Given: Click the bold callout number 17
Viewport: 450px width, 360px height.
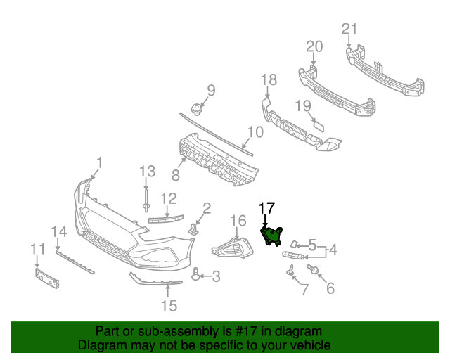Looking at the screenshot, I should [x=266, y=208].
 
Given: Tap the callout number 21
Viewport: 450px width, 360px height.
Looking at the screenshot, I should [x=349, y=29].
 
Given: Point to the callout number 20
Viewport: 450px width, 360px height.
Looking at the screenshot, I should [x=314, y=47].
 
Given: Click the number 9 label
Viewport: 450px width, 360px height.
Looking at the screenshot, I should [x=210, y=90].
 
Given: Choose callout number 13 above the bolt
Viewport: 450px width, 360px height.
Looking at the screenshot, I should [x=146, y=172].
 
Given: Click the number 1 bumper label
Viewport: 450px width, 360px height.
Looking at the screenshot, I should [x=99, y=163].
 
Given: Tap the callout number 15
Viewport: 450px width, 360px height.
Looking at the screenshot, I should [x=169, y=305].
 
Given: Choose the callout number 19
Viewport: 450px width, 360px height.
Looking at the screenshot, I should [x=302, y=106].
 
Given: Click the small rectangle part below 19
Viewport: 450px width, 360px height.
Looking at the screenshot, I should [x=317, y=126].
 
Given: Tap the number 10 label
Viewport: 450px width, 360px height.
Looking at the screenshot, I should [x=255, y=131].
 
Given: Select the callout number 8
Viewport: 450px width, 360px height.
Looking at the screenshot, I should [x=176, y=174].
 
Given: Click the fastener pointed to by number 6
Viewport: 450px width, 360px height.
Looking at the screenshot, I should [x=315, y=271].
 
